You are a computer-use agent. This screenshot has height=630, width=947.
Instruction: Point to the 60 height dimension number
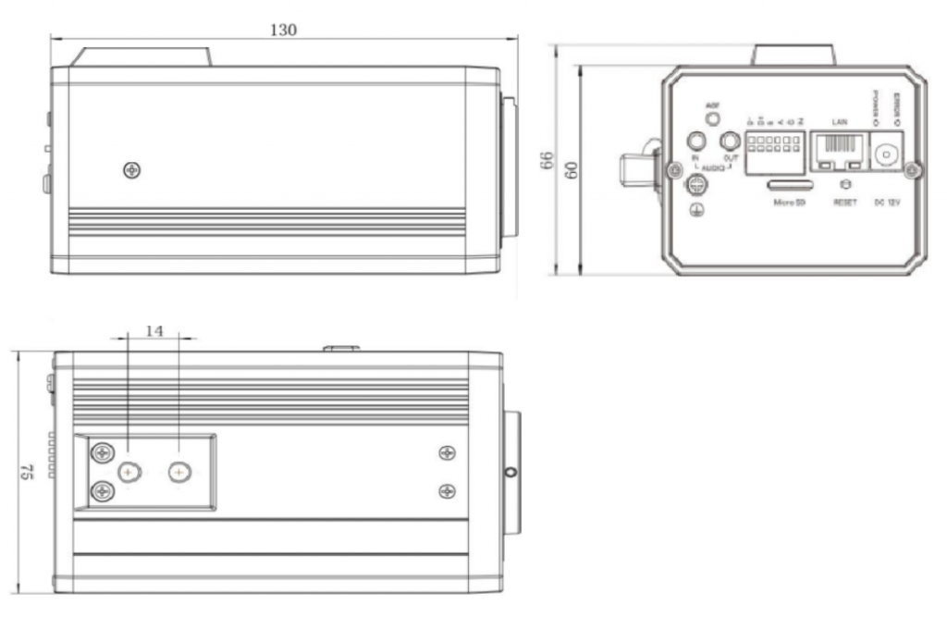coord(572,172)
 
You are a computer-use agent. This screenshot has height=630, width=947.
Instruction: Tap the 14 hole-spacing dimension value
coord(154,329)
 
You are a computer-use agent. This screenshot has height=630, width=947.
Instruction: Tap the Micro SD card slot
coord(789,185)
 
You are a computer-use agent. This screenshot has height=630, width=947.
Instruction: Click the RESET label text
coord(845,202)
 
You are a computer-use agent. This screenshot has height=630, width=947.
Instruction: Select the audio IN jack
coord(696,141)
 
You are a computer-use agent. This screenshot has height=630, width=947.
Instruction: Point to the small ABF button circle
coord(712,119)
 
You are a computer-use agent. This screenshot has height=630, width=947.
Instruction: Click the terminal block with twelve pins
coord(776,148)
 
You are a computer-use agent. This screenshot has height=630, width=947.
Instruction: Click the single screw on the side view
coord(133,170)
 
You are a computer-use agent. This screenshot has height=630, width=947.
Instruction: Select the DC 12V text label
coord(889,202)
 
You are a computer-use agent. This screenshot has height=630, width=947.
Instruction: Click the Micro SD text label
coord(790,202)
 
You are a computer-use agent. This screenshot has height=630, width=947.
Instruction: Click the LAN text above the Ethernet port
coord(841,121)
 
